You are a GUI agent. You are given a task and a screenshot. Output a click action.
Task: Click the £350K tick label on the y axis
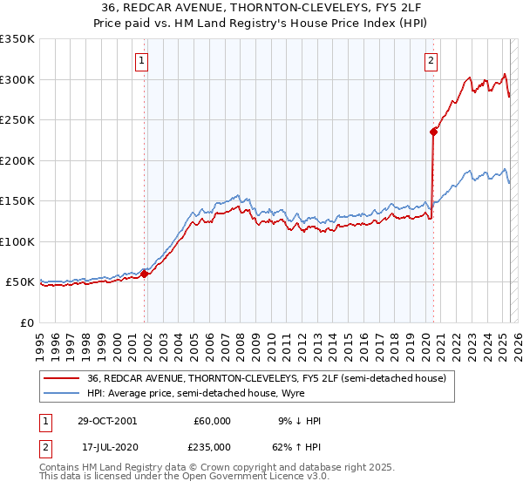pyautogui.click(x=17, y=39)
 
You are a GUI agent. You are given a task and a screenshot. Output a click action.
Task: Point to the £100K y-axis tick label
pyautogui.click(x=17, y=241)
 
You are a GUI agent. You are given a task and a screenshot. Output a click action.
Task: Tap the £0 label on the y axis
pyautogui.click(x=27, y=322)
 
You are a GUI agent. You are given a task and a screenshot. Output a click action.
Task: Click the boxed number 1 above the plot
pyautogui.click(x=142, y=60)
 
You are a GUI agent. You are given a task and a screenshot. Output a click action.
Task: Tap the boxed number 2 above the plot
pyautogui.click(x=431, y=60)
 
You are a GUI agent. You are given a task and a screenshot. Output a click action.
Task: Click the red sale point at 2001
pyautogui.click(x=145, y=274)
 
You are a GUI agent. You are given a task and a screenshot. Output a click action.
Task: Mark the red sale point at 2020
pyautogui.click(x=433, y=132)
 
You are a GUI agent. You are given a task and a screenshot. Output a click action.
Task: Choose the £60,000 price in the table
pyautogui.click(x=212, y=421)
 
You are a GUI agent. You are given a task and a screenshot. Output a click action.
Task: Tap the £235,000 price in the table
pyautogui.click(x=212, y=446)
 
